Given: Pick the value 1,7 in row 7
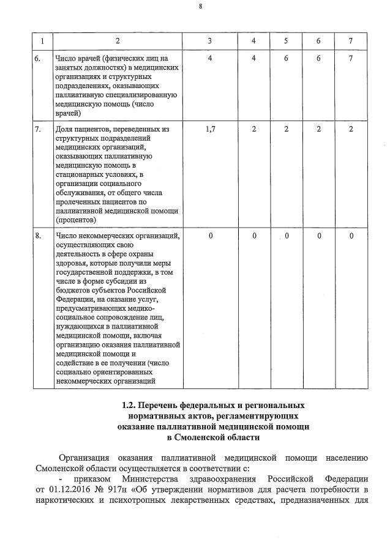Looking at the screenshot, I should point(210,129).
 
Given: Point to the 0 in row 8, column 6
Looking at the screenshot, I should point(319,236).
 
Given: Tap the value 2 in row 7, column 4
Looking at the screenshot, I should point(254,129).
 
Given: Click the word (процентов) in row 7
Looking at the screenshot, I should point(75,219).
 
